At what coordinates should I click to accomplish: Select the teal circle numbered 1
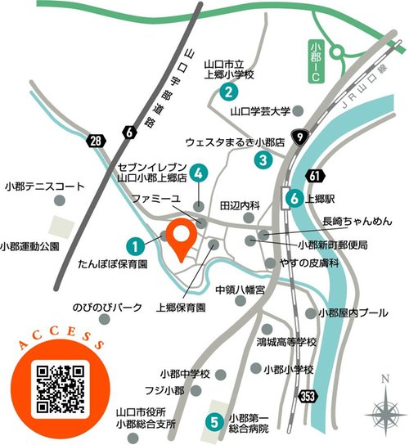(x=135, y=244)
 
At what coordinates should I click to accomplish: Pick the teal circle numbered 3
(x=263, y=160)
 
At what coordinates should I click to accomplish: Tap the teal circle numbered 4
(x=200, y=173)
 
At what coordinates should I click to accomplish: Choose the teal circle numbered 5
(x=213, y=423)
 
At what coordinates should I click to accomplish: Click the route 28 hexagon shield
(x=97, y=142)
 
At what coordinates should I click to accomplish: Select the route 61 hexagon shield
(x=317, y=175)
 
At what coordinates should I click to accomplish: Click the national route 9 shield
(x=302, y=137)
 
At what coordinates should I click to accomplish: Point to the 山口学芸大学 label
(x=260, y=111)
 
